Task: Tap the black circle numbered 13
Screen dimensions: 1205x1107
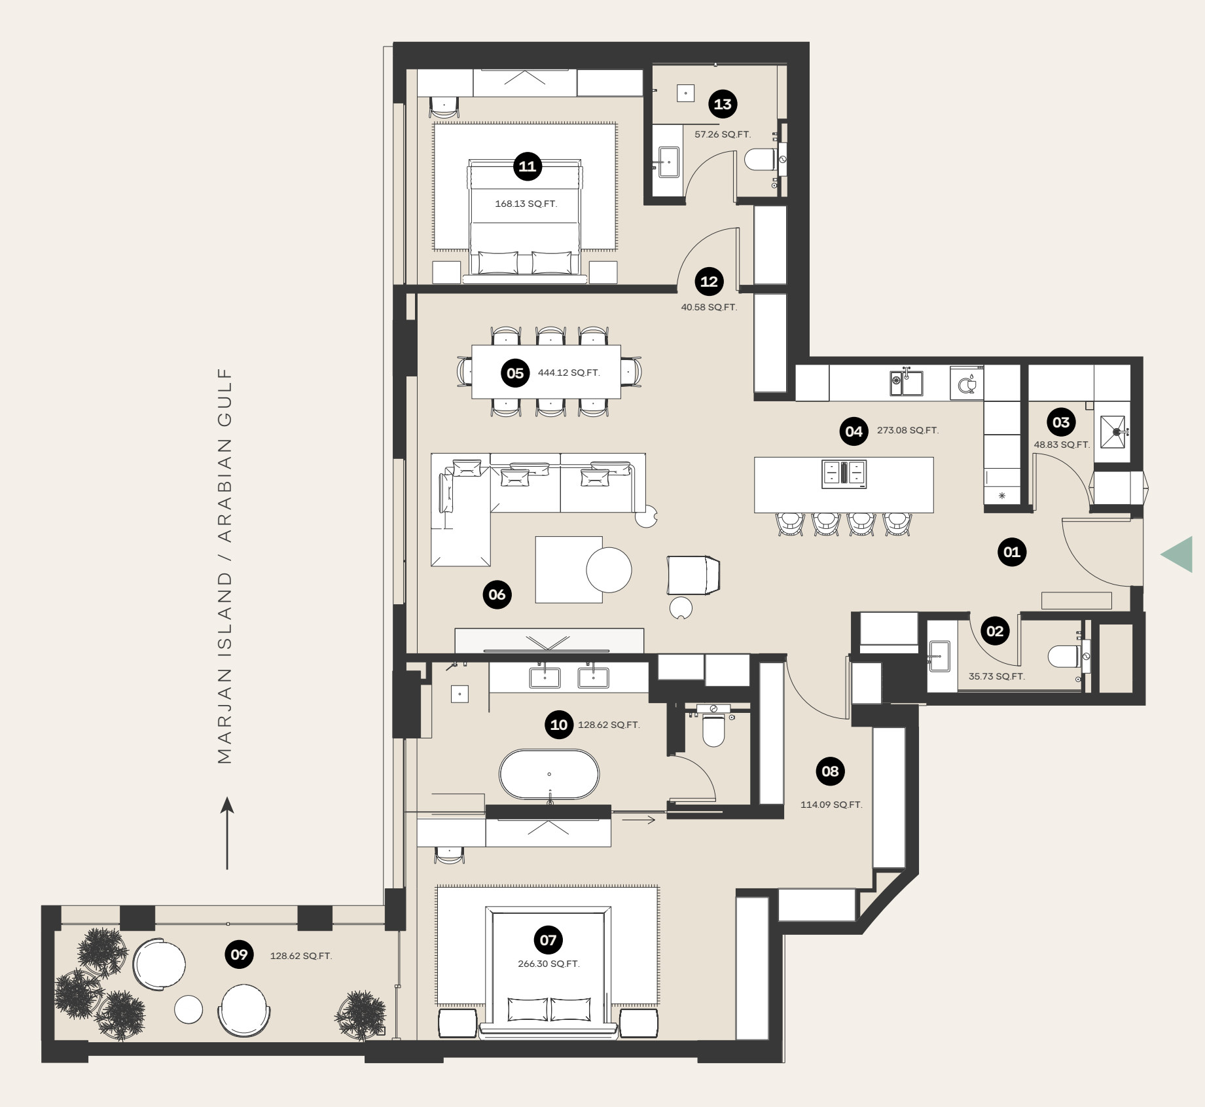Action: pos(723,104)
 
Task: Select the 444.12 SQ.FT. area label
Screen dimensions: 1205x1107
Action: pos(569,372)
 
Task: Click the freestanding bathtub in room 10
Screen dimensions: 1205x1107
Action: pos(549,774)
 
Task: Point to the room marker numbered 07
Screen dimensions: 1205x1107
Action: pos(548,941)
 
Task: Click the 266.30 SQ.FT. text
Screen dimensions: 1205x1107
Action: pos(549,964)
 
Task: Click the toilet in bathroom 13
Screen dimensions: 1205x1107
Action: pos(761,160)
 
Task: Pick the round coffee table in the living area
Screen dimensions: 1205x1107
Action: pos(609,570)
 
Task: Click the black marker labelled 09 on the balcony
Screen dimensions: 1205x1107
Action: pos(239,954)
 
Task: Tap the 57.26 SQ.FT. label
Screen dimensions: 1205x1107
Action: pos(723,134)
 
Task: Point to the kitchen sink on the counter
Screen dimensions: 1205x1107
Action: pos(907,383)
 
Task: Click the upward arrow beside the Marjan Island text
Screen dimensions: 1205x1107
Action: pos(227,833)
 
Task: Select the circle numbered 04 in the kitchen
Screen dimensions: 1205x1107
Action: pos(854,431)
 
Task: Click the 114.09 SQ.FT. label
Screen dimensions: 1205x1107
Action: pos(831,805)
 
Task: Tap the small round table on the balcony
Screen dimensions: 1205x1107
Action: pos(189,1009)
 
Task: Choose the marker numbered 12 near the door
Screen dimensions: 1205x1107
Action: pos(709,281)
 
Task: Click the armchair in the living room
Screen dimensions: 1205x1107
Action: pos(692,574)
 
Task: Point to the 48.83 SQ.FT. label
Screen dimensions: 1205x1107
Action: pos(1062,445)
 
